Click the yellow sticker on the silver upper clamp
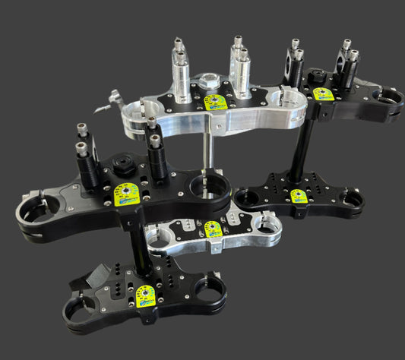(x=216, y=102)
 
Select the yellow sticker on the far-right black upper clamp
(x=324, y=93)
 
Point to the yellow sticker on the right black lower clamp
(x=299, y=196)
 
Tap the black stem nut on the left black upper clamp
(x=122, y=163)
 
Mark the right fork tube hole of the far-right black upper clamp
(x=388, y=97)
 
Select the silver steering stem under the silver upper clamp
(x=206, y=152)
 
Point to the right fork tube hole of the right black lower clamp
(x=351, y=200)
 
